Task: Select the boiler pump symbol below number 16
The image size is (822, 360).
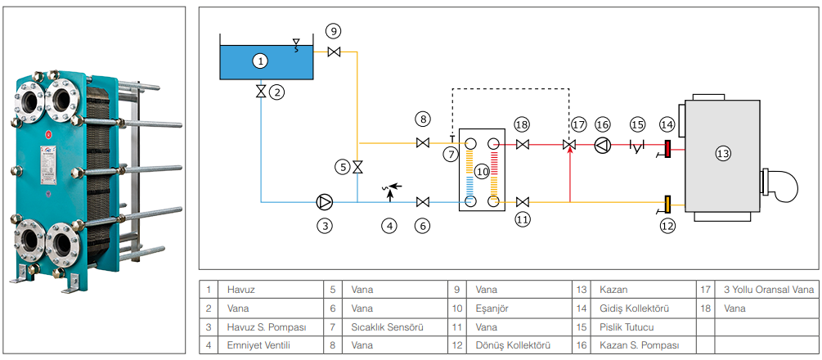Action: coord(603,146)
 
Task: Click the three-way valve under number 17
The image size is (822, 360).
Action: coord(569,146)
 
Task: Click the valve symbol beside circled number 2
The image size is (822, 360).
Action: coord(261,92)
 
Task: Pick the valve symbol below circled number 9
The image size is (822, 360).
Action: coord(333,52)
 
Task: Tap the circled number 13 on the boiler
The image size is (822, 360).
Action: coord(722,153)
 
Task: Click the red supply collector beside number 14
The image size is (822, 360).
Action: coord(667,148)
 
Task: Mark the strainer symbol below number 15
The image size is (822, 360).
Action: coord(637,146)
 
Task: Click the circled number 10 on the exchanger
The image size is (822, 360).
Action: coord(482,172)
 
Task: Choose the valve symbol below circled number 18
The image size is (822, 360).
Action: coord(523,146)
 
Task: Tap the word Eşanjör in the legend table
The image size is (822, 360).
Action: coord(492,308)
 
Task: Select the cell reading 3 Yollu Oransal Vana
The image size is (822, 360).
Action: coord(769,290)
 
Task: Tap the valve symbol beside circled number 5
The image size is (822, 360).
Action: coord(357,168)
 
